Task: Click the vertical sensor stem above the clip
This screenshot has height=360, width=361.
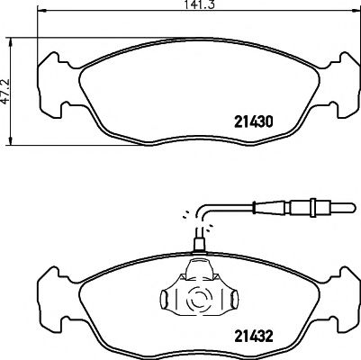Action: click(199, 237)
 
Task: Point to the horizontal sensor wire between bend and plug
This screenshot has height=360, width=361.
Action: click(261, 211)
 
